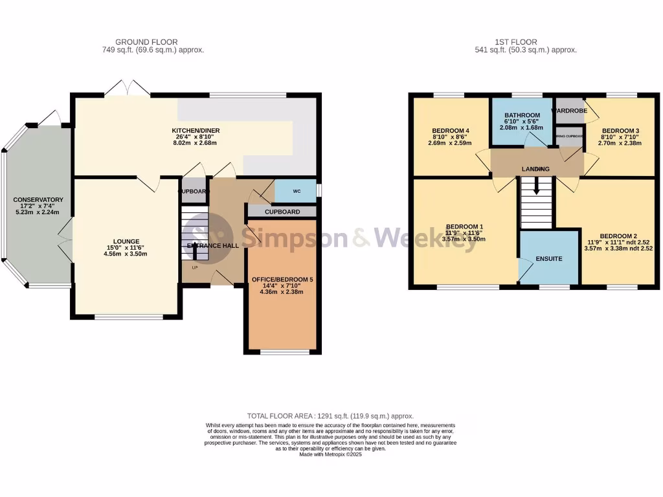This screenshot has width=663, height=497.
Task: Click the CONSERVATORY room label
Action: tap(38, 199)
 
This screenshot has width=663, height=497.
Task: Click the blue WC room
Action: tap(296, 192)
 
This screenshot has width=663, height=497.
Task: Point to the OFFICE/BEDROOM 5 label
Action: tap(282, 280)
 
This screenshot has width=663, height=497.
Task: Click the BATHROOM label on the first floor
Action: tap(522, 115)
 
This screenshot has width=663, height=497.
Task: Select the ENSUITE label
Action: tap(548, 259)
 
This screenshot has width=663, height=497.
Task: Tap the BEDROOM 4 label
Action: tap(450, 131)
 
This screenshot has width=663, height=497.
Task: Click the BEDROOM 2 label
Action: tap(619, 236)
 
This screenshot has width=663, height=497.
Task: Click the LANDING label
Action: tap(535, 170)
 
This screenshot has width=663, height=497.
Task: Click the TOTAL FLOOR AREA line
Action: tap(330, 416)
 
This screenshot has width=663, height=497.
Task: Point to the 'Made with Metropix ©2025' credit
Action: tap(330, 455)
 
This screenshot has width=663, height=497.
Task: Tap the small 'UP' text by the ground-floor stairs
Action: tap(194, 266)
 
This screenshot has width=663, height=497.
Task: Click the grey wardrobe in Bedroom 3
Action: tap(569, 107)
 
